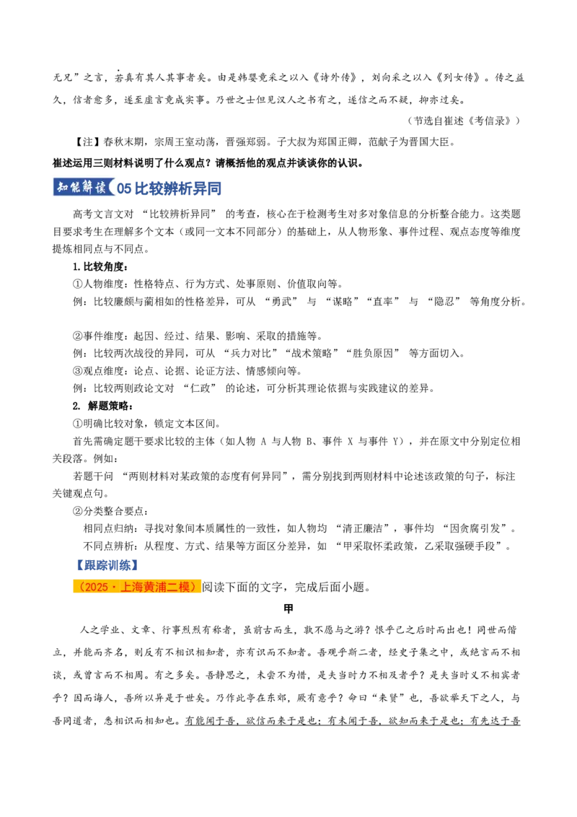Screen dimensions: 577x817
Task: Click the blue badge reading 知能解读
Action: pyautogui.click(x=84, y=187)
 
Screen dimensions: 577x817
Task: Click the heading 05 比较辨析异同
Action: pyautogui.click(x=169, y=188)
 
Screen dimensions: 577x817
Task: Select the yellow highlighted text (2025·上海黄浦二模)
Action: pyautogui.click(x=137, y=587)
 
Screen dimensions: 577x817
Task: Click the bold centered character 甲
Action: pyautogui.click(x=288, y=608)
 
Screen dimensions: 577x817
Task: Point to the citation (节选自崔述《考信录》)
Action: pyautogui.click(x=464, y=121)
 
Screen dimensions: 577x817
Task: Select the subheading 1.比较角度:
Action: pyautogui.click(x=100, y=267)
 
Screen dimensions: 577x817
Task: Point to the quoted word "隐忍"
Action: pyautogui.click(x=444, y=302)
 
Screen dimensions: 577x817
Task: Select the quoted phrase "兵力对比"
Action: pyautogui.click(x=254, y=353)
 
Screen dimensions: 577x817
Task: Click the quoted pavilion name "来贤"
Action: pyautogui.click(x=387, y=698)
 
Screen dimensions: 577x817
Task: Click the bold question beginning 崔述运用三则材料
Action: pyautogui.click(x=208, y=163)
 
